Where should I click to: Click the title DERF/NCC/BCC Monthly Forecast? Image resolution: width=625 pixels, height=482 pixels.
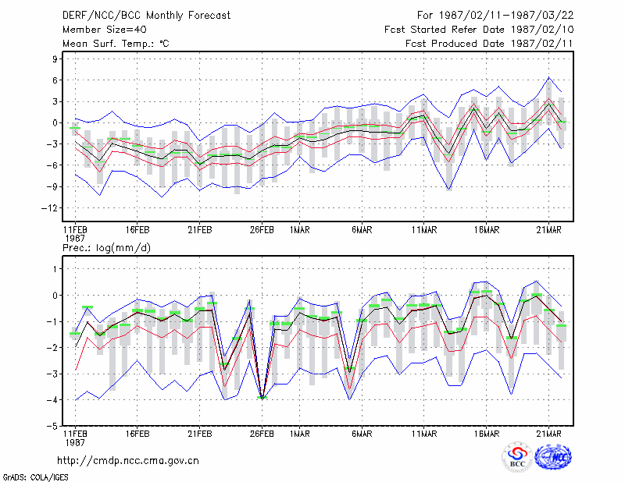tap(146, 16)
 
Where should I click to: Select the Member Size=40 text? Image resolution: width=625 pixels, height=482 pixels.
tap(105, 30)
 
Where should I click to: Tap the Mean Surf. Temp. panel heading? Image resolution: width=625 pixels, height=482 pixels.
tap(116, 44)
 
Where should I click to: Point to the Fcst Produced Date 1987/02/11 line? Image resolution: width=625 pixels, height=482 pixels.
tap(490, 44)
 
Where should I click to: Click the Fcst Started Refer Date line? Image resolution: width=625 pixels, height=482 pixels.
tap(479, 30)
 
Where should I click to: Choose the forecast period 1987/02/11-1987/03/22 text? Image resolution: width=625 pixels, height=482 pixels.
tap(495, 16)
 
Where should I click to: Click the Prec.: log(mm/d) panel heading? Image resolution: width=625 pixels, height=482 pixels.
tap(106, 248)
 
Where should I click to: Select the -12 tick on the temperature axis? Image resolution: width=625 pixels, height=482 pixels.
tap(50, 207)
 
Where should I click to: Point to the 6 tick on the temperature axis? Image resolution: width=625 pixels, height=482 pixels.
tap(55, 80)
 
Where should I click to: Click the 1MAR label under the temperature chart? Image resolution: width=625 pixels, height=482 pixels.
tap(300, 229)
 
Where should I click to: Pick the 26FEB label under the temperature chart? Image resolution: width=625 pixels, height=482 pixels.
tap(262, 229)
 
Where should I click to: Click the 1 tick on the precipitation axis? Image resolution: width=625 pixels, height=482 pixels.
tap(55, 269)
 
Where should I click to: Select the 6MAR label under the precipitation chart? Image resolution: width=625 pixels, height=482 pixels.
tap(362, 434)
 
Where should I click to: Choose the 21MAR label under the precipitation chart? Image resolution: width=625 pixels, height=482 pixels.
tap(549, 434)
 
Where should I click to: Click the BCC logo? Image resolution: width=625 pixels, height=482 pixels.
tap(517, 456)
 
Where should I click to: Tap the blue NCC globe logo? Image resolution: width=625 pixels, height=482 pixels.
tap(553, 456)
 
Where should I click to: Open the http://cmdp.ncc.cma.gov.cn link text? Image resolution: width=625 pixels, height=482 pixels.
tap(128, 460)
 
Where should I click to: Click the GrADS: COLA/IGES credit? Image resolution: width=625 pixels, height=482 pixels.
tap(35, 477)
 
